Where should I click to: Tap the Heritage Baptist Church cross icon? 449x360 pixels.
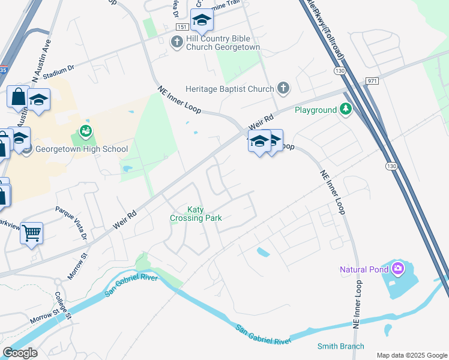tap(283, 89)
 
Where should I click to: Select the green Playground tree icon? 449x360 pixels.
tap(345, 109)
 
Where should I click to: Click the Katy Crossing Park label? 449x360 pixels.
tap(196, 214)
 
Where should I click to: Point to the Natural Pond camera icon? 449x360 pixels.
tap(397, 269)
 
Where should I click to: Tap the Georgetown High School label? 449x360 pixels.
tap(82, 149)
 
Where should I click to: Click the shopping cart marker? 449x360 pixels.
tap(31, 232)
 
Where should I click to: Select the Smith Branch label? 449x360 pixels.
tap(340, 346)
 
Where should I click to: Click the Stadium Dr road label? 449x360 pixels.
tap(55, 70)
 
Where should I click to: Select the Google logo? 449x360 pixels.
tap(20, 353)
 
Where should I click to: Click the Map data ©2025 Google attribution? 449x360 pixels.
tap(411, 355)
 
